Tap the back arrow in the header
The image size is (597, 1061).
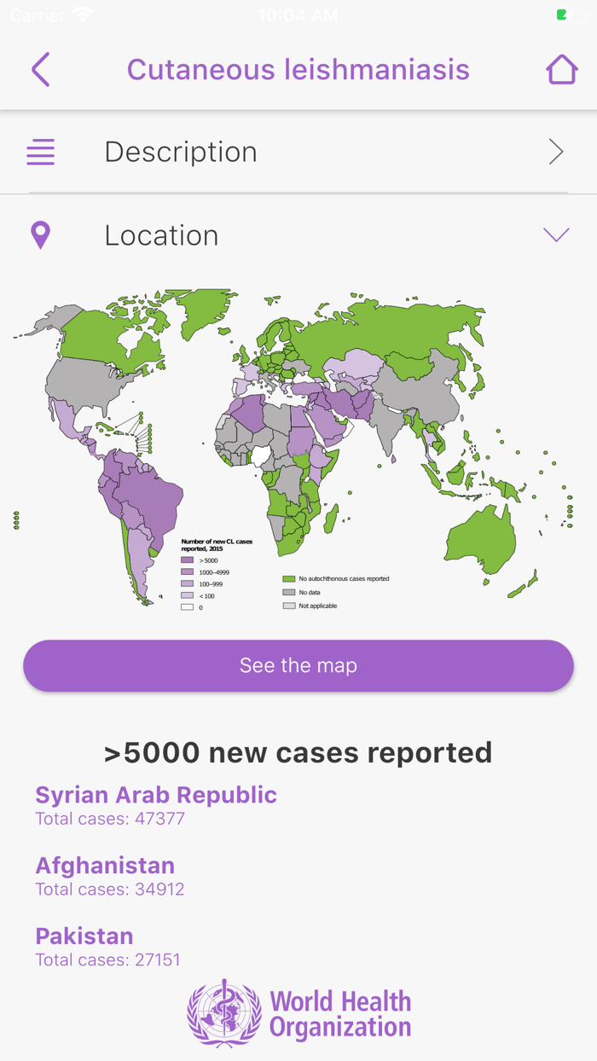[x=40, y=70]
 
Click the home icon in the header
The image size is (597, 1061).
[x=561, y=70]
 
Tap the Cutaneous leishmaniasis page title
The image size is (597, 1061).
[x=298, y=70]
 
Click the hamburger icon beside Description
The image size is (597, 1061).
[x=40, y=152]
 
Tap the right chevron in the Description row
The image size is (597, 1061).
[x=556, y=152]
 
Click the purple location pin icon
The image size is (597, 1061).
[x=40, y=235]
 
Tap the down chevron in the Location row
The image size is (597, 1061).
[x=556, y=235]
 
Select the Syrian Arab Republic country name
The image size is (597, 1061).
[x=156, y=795]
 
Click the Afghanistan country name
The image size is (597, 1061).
[x=105, y=866]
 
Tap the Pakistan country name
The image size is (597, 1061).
[x=84, y=936]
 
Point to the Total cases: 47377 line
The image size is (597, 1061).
[x=110, y=819]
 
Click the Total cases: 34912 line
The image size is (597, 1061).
[x=110, y=890]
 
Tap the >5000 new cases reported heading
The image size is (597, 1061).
[x=298, y=752]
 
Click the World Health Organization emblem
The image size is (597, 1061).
[x=224, y=1013]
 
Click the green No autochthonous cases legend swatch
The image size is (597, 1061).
[x=289, y=578]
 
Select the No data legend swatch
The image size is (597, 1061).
[x=289, y=592]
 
